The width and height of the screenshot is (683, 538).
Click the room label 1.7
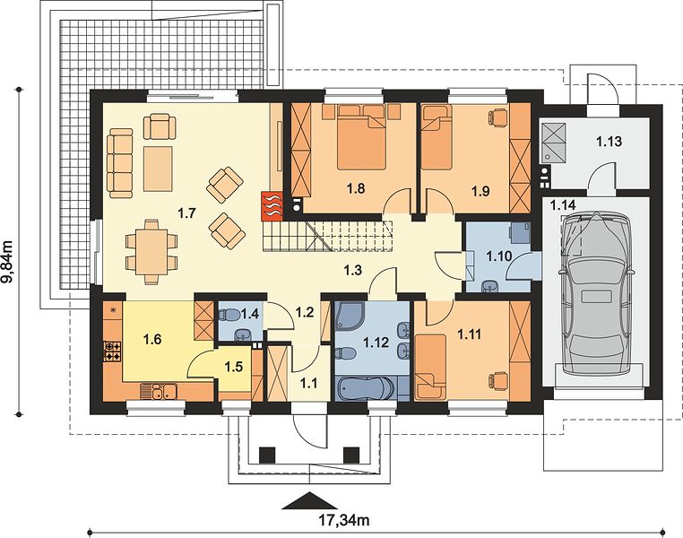(x=186, y=213)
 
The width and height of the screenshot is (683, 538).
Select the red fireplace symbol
(x=272, y=205)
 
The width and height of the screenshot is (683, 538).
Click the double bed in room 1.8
(x=361, y=138)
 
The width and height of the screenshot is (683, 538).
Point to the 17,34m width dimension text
(x=344, y=519)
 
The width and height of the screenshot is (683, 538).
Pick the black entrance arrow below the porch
(x=310, y=501)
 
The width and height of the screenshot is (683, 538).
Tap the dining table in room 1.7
(x=151, y=252)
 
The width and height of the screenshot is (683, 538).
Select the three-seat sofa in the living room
(x=120, y=163)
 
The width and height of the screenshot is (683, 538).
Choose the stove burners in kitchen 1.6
(x=113, y=351)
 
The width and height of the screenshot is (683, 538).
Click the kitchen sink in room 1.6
(x=158, y=391)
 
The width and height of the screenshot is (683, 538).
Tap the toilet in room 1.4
(x=229, y=315)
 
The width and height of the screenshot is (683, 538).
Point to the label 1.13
(x=609, y=141)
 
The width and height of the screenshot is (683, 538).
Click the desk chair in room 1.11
(x=499, y=379)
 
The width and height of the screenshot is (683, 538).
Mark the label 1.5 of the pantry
(x=233, y=368)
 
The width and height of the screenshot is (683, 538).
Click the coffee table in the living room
(x=158, y=169)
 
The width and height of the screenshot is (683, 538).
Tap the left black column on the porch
(x=268, y=455)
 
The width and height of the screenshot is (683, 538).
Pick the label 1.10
(x=498, y=256)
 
